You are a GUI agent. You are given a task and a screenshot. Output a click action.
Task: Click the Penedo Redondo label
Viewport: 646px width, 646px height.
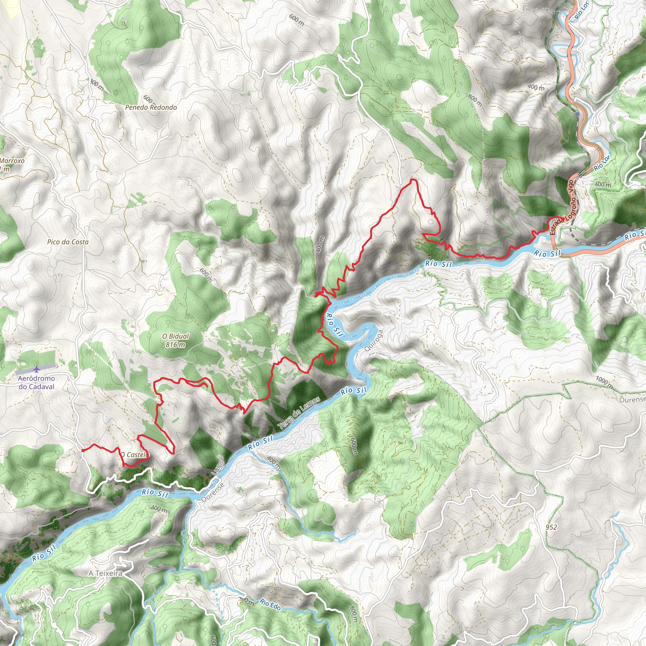tap(151, 108)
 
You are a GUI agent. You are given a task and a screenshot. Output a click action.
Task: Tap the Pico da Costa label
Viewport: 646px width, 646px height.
tap(68, 242)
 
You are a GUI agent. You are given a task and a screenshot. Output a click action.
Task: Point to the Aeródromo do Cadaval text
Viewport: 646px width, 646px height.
tap(36, 383)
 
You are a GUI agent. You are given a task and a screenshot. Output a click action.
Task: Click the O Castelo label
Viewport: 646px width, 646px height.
tap(134, 455)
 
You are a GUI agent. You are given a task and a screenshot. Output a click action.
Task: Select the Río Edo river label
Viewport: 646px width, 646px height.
tap(270, 605)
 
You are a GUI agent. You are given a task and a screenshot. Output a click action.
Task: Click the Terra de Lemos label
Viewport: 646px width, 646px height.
tap(299, 413)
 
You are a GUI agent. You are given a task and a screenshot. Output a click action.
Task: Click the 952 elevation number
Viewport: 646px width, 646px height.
tap(551, 527)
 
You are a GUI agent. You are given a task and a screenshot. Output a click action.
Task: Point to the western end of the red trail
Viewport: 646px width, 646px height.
tap(83, 450)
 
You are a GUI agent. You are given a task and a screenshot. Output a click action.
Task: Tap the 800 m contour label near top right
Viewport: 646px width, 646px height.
tap(475, 100)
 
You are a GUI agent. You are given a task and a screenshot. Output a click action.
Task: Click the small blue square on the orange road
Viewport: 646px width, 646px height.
tap(578, 115)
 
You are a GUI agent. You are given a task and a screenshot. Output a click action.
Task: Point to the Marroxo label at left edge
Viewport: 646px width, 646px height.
tap(12, 161)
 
